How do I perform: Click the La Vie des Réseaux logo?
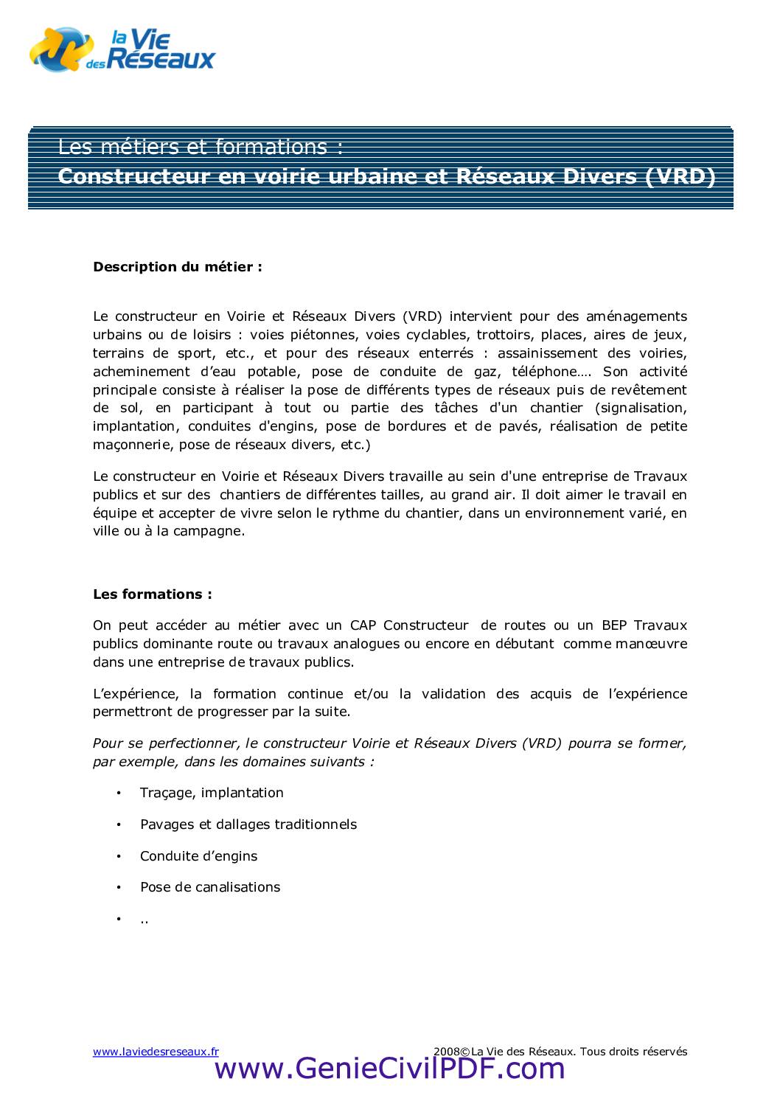(122, 49)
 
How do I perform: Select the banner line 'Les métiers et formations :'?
(201, 147)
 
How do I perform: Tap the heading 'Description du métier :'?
(177, 267)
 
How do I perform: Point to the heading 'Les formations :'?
(153, 594)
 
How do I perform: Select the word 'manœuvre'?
(652, 644)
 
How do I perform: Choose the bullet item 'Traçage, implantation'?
(212, 793)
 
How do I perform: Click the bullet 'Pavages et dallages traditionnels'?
(248, 824)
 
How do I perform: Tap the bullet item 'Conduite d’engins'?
(199, 856)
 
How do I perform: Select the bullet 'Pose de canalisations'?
(210, 887)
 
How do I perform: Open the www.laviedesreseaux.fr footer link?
(156, 1052)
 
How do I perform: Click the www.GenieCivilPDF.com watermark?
(389, 1069)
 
